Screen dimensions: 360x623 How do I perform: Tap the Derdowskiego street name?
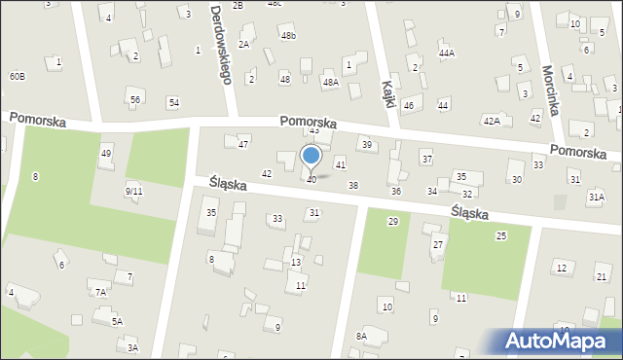pos(221,43)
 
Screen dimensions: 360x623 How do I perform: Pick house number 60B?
pos(17,76)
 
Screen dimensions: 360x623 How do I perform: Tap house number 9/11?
pos(133,192)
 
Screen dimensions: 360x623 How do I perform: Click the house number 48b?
pos(287,36)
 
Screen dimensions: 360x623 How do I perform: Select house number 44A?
pos(446,54)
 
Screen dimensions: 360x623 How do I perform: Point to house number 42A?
pos(492,121)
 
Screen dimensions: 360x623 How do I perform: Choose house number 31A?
pos(596,197)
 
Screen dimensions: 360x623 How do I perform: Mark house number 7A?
pos(100,292)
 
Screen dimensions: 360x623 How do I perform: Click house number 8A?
pos(361,336)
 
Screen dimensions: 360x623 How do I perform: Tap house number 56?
pos(135,100)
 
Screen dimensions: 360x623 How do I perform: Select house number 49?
pos(106,154)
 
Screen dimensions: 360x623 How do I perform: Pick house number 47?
pos(243,144)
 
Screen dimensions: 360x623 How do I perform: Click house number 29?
pos(393,222)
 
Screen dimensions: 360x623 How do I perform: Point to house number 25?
pos(500,235)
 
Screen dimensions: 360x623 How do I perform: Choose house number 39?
pos(367,144)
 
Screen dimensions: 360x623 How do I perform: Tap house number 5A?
pos(117,321)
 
